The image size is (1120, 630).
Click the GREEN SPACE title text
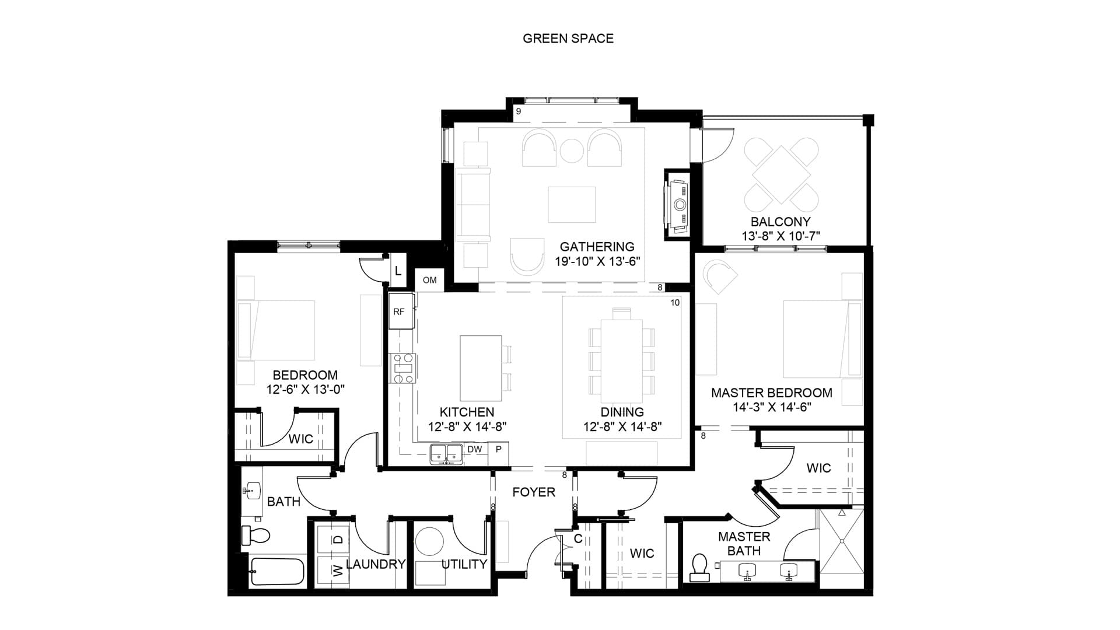point(568,38)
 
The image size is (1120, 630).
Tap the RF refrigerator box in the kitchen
point(401,311)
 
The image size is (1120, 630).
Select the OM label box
point(430,280)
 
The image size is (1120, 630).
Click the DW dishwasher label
point(475,449)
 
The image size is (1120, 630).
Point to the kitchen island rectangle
point(481,367)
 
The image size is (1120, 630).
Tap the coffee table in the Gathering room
point(572,204)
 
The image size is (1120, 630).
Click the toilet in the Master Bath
point(699,568)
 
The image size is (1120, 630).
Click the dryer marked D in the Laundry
point(332,540)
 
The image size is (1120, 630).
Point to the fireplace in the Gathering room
point(678,205)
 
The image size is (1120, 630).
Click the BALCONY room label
point(780,222)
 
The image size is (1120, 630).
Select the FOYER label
point(534,492)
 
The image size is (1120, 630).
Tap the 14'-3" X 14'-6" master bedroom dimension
point(772,407)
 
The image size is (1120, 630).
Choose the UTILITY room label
point(464,564)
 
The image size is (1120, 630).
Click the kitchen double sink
point(446,454)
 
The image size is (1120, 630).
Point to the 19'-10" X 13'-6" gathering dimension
point(597,261)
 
